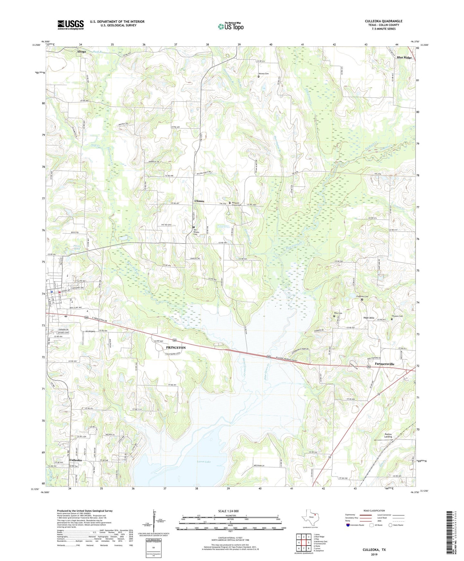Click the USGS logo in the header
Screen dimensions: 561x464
click(71, 25)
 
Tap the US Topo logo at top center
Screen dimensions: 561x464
click(231, 27)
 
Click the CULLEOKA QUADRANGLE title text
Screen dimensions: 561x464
click(383, 21)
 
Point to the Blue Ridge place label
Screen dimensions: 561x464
click(404, 58)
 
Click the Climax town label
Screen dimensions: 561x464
click(199, 201)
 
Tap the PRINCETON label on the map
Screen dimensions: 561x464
click(176, 348)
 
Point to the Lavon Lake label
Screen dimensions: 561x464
click(204, 462)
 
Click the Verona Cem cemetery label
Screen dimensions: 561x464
click(264, 74)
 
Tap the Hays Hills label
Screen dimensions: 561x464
click(369, 318)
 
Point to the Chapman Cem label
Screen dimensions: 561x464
click(362, 296)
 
